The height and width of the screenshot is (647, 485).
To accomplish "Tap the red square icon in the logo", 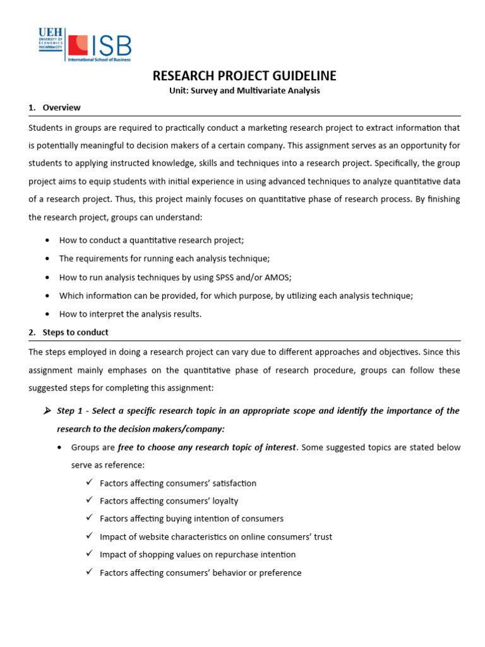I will pos(78,45).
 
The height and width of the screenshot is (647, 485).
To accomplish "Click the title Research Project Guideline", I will pos(244,76).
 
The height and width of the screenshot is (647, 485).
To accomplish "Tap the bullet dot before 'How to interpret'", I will pos(49,314).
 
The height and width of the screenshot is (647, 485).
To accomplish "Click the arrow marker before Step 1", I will pos(47,411).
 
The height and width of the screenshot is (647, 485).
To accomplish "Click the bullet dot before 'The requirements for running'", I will pos(49,259).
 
